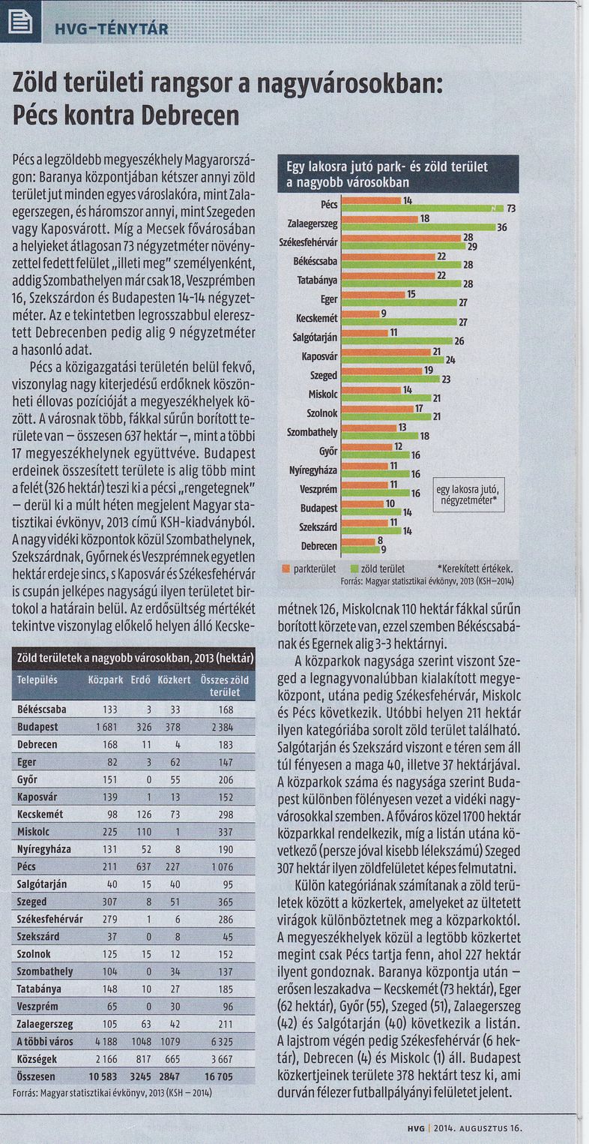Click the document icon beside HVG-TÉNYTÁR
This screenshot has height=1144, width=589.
click(x=20, y=22)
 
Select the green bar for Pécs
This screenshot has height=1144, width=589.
click(x=422, y=208)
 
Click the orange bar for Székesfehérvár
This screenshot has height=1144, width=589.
click(x=402, y=238)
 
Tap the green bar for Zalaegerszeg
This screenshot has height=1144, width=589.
click(x=418, y=227)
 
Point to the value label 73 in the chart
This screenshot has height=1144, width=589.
click(x=511, y=209)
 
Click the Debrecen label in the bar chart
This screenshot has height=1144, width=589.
click(x=318, y=546)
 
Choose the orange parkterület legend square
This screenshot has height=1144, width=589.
click(x=286, y=569)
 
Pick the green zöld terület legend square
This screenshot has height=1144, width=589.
click(x=355, y=569)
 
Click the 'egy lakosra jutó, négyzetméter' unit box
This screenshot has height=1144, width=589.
click(x=468, y=494)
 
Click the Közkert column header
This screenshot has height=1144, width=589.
click(x=174, y=680)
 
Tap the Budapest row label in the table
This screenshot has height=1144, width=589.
click(x=37, y=727)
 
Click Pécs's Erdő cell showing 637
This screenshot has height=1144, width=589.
click(x=144, y=866)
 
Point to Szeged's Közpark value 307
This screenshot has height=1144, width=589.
click(x=109, y=902)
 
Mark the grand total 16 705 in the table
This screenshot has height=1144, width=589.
click(x=219, y=1076)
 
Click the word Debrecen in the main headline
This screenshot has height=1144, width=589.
click(x=190, y=116)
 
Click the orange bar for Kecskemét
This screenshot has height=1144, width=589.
click(x=360, y=314)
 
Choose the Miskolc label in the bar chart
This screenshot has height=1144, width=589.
click(x=323, y=395)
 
